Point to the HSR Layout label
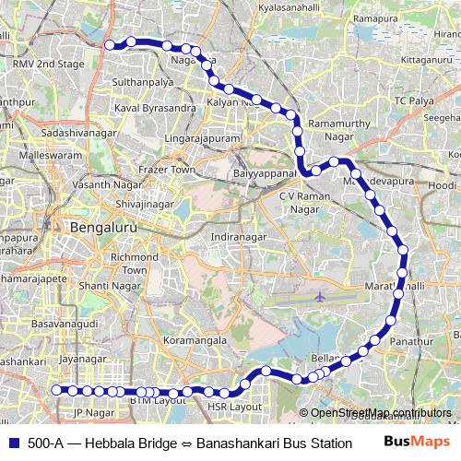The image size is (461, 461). pyautogui.click(x=235, y=406)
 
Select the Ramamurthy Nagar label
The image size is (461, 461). pyautogui.click(x=344, y=129)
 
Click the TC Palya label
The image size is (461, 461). pyautogui.click(x=413, y=99)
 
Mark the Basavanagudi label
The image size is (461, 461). pyautogui.click(x=63, y=325)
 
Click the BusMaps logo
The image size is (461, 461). pyautogui.click(x=418, y=442)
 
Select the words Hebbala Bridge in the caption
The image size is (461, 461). pyautogui.click(x=128, y=443)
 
